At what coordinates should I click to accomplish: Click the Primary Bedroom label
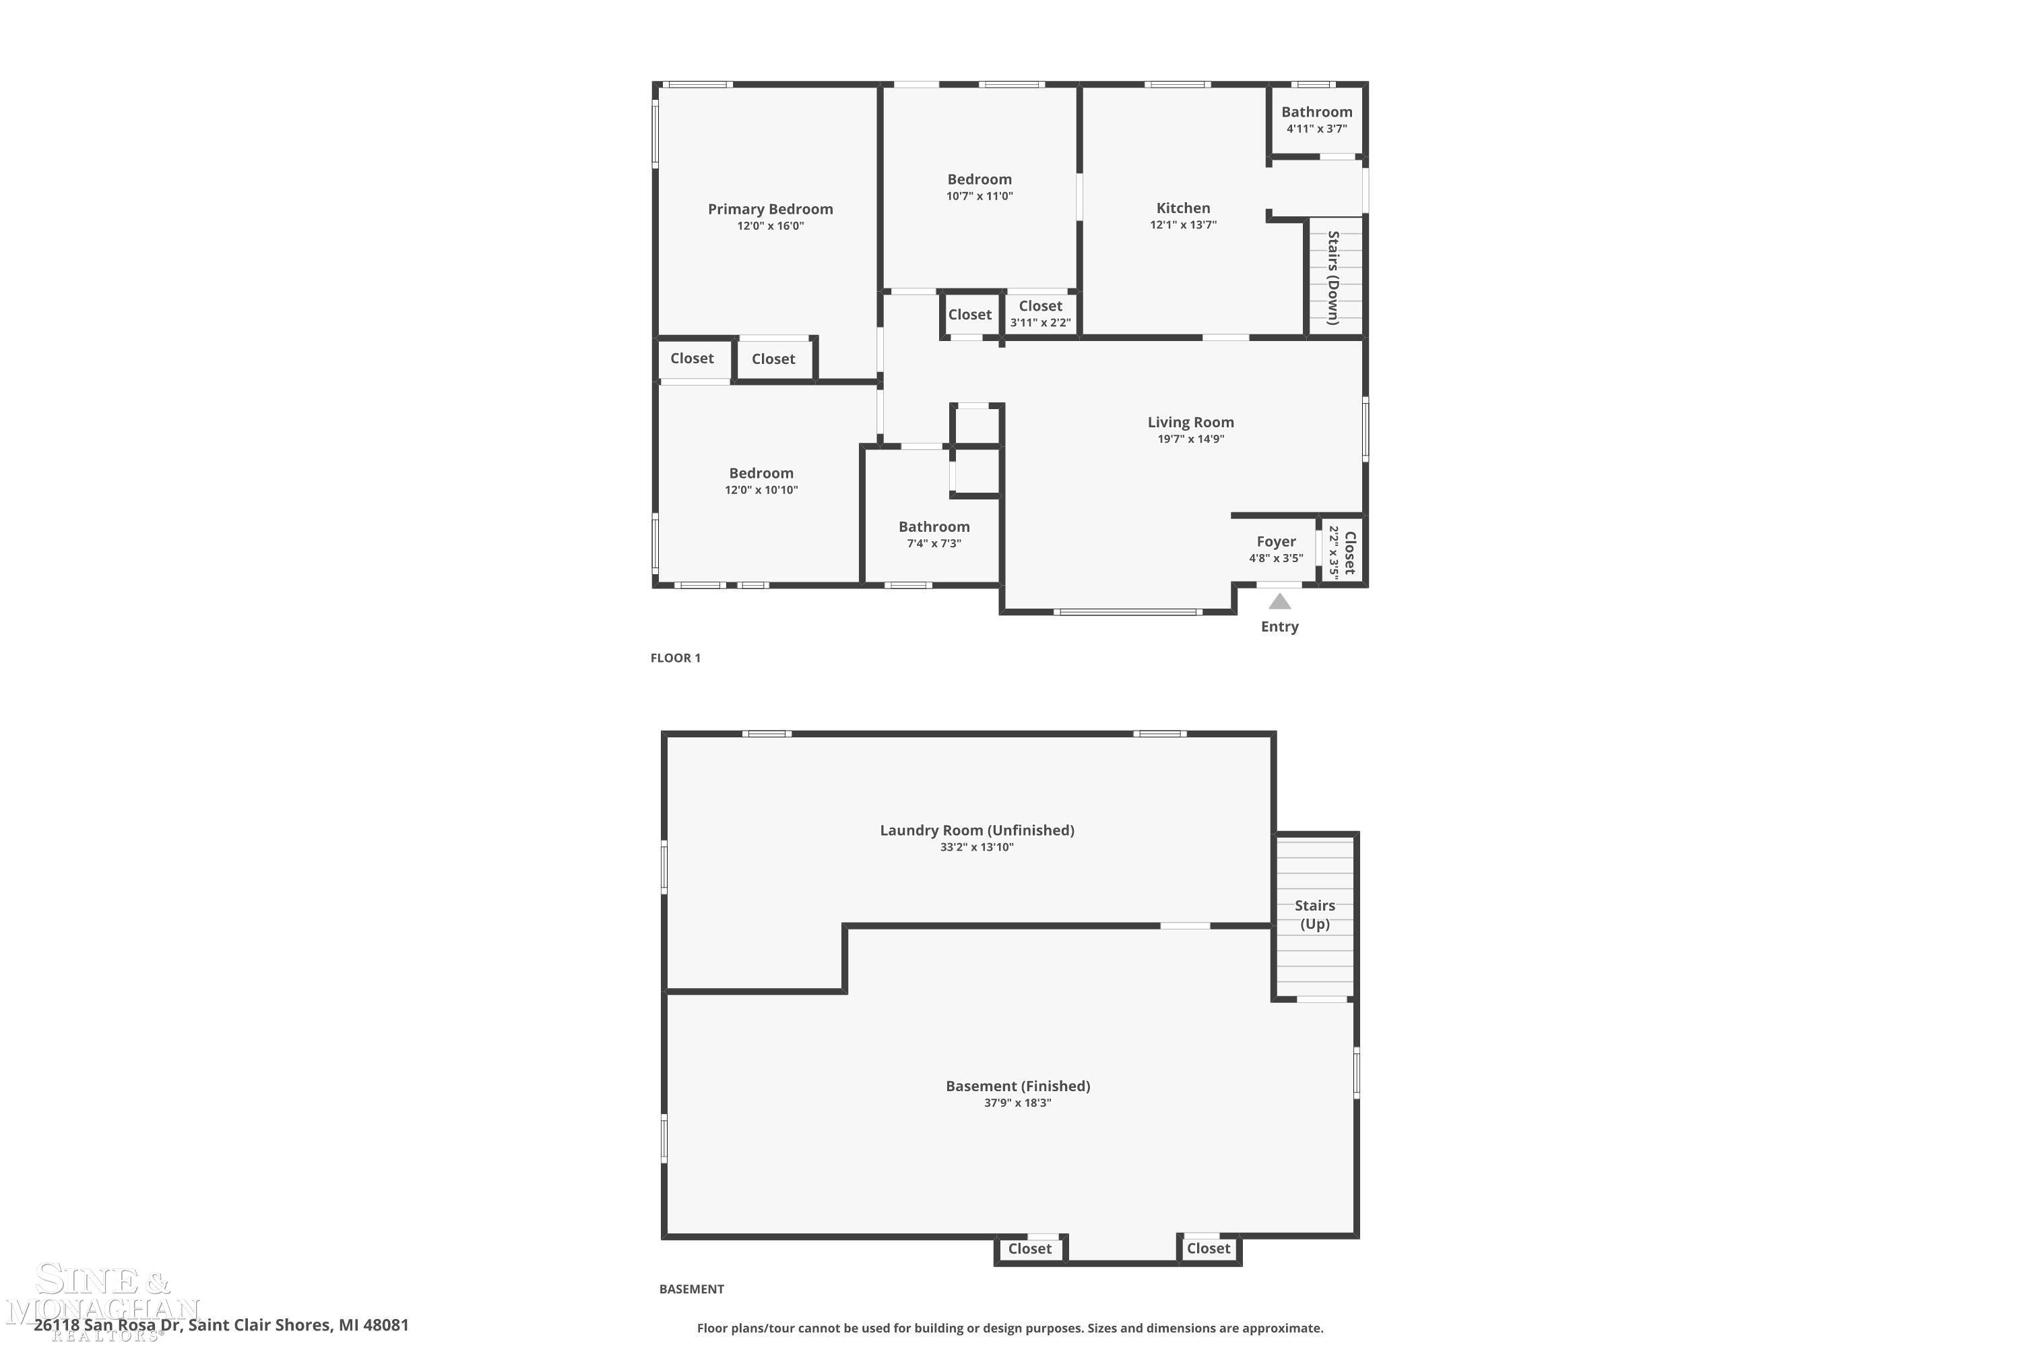770,209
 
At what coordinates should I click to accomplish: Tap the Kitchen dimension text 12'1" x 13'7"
1183,225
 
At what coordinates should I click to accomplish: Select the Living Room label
1190,422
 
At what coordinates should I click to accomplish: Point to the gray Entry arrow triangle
1279,602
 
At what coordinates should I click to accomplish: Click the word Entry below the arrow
1279,627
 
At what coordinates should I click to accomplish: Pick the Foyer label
1276,542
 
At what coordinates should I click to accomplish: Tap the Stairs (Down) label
1333,278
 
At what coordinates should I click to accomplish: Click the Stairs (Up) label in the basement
1315,914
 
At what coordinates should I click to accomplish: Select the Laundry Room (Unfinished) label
977,830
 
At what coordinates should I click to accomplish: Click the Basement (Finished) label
1017,1086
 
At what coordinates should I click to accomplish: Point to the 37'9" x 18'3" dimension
1017,1103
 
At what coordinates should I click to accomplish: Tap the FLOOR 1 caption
676,658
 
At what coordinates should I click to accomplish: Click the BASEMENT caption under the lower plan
691,1289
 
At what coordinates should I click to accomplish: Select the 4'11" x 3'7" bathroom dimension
1316,129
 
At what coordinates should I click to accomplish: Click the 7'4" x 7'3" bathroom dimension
934,543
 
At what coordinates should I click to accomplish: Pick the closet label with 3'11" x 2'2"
1041,306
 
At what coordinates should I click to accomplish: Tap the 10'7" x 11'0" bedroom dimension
980,196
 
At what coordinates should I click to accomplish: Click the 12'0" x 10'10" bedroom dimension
761,490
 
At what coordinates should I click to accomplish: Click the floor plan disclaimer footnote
1010,1328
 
